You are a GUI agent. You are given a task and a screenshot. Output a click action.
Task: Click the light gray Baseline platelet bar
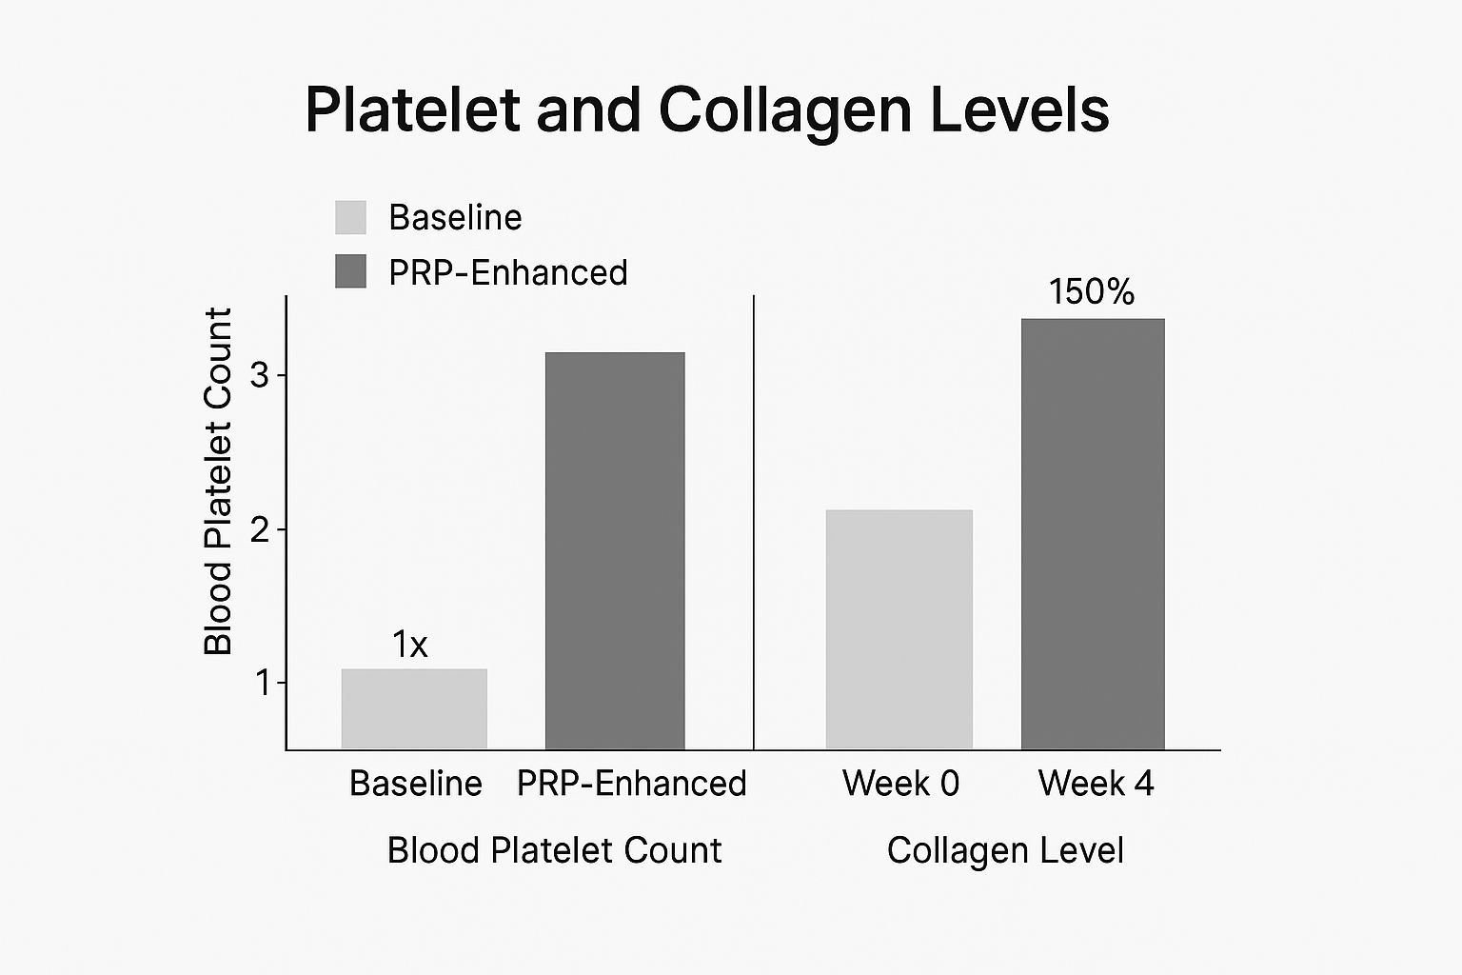pos(414,708)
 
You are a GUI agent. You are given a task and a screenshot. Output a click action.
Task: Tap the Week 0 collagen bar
pos(899,629)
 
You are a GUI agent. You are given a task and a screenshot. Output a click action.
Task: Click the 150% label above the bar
pos(1092,291)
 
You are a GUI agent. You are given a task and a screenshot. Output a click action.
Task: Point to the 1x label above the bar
pos(410,646)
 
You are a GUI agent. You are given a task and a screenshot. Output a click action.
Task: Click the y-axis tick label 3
pos(260,375)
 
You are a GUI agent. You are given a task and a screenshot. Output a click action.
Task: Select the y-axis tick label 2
pos(260,529)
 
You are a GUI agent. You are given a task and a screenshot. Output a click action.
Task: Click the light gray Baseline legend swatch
pos(350,217)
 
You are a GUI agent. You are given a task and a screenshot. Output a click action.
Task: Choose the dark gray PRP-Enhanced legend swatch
pos(350,271)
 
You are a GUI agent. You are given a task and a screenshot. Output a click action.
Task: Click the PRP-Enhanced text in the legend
pos(508,273)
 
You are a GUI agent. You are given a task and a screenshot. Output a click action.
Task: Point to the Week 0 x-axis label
pos(900,784)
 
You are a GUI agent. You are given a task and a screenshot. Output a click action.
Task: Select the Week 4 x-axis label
pos(1096,784)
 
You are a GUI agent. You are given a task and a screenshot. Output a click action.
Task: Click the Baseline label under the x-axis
pos(416,784)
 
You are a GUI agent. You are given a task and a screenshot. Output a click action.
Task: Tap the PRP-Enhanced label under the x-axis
pos(632,784)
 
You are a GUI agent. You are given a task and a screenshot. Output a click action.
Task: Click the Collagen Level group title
pos(1005,850)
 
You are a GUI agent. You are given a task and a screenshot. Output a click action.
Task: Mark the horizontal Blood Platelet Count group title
pos(554,850)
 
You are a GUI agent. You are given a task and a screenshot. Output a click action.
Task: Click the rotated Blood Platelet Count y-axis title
pos(219,481)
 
